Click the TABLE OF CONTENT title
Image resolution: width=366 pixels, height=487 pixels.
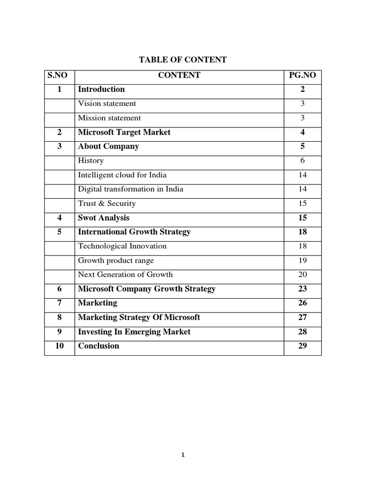[x=183, y=60]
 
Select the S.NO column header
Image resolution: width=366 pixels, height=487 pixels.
[x=59, y=75]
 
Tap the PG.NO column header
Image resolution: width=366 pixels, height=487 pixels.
[x=303, y=75]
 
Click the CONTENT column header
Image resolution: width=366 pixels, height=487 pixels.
[x=179, y=75]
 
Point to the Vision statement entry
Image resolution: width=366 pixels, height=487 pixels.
[x=107, y=104]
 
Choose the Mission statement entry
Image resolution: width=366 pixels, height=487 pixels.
[x=109, y=118]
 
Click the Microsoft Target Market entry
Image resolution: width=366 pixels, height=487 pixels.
[x=124, y=132]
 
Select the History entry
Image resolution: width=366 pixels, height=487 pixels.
[x=91, y=161]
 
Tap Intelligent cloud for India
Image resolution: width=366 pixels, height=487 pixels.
[x=122, y=175]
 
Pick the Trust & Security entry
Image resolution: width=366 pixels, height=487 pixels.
[x=107, y=204]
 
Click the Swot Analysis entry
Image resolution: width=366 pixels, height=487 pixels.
[x=103, y=218]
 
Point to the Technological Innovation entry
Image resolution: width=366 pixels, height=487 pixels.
[x=122, y=246]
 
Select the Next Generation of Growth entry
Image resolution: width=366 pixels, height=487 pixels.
[x=125, y=274]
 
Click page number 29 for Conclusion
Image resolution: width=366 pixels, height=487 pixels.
[x=303, y=346]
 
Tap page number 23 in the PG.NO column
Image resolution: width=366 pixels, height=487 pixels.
[x=303, y=289]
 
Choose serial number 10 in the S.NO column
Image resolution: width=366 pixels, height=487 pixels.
[x=60, y=346]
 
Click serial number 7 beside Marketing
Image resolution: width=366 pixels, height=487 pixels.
[x=60, y=303]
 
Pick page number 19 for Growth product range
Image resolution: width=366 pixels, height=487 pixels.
[x=303, y=261]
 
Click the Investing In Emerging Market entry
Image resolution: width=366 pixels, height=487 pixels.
[x=134, y=331]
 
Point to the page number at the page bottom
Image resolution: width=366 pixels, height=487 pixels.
[x=183, y=455]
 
